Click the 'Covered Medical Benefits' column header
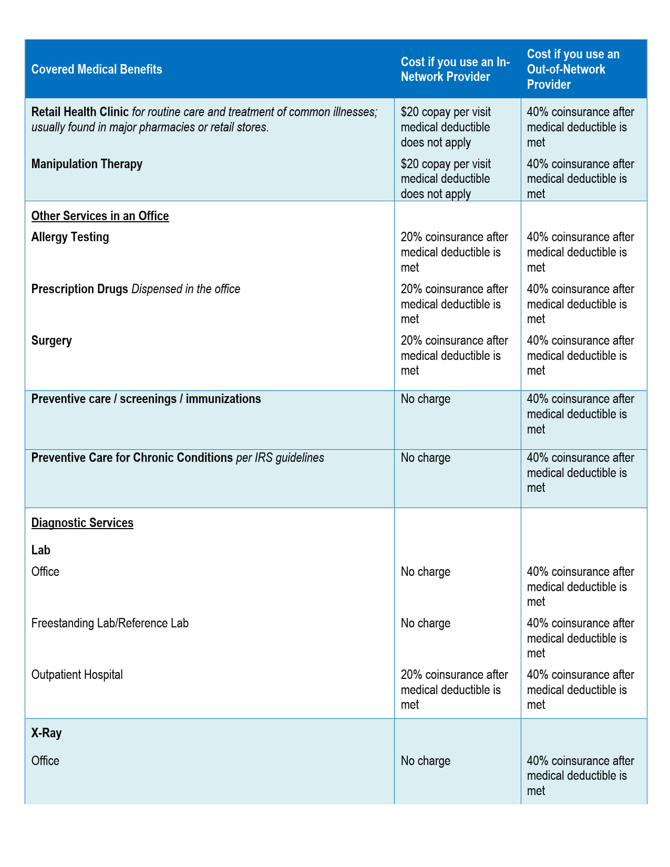pyautogui.click(x=97, y=69)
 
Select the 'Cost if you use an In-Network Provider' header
pyautogui.click(x=455, y=69)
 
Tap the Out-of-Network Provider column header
pyautogui.click(x=573, y=69)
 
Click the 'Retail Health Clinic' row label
pyautogui.click(x=80, y=112)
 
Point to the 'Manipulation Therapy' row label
pyautogui.click(x=87, y=164)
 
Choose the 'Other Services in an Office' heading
pyautogui.click(x=100, y=216)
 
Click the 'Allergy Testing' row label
pyautogui.click(x=70, y=237)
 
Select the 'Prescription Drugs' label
pyautogui.click(x=80, y=289)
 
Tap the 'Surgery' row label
pyautogui.click(x=51, y=340)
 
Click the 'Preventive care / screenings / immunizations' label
pyautogui.click(x=146, y=399)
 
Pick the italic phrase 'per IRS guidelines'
pyautogui.click(x=280, y=458)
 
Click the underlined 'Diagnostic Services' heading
pyautogui.click(x=83, y=523)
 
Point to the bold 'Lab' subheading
pyautogui.click(x=40, y=550)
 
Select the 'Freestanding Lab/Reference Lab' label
pyautogui.click(x=110, y=623)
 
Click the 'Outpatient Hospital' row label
pyautogui.click(x=77, y=675)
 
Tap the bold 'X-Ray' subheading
pyautogui.click(x=46, y=733)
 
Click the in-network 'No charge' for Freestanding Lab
pyautogui.click(x=425, y=623)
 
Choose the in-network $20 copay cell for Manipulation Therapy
pyautogui.click(x=446, y=179)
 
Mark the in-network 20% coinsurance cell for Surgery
pyautogui.click(x=454, y=356)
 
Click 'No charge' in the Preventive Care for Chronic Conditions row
pyautogui.click(x=425, y=458)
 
